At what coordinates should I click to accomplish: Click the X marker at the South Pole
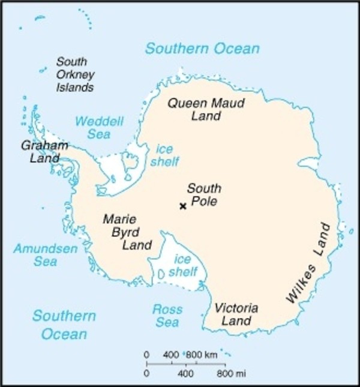coord(183,206)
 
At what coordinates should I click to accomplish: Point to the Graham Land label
coord(44,152)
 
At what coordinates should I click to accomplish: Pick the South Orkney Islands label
coord(71,74)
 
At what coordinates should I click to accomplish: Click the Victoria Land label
coord(236,315)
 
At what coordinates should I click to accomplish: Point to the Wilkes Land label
coord(308,264)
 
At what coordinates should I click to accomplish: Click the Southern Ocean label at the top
coord(202,48)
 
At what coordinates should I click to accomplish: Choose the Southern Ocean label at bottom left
coord(64,325)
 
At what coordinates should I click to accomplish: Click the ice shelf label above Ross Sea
coord(185,266)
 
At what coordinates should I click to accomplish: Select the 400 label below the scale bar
coord(185,374)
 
